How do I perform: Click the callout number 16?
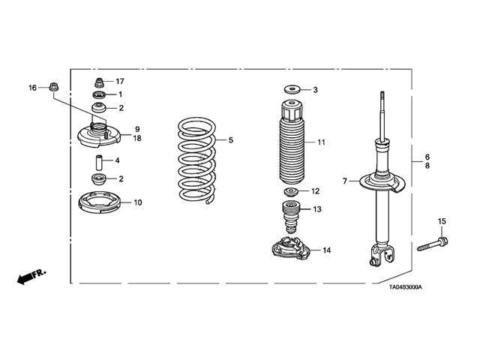(x=32, y=88)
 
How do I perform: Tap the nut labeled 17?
(x=98, y=81)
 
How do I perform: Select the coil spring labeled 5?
(x=197, y=159)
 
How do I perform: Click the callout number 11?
(x=321, y=142)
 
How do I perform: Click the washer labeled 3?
(x=291, y=90)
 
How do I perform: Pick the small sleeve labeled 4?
(x=97, y=160)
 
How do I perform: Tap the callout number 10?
(x=137, y=202)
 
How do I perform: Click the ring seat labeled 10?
(x=100, y=202)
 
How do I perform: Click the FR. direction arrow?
(x=30, y=277)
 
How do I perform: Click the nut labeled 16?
(x=54, y=88)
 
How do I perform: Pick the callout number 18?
(x=137, y=138)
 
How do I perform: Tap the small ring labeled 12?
(x=290, y=192)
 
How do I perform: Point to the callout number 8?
(x=427, y=166)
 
